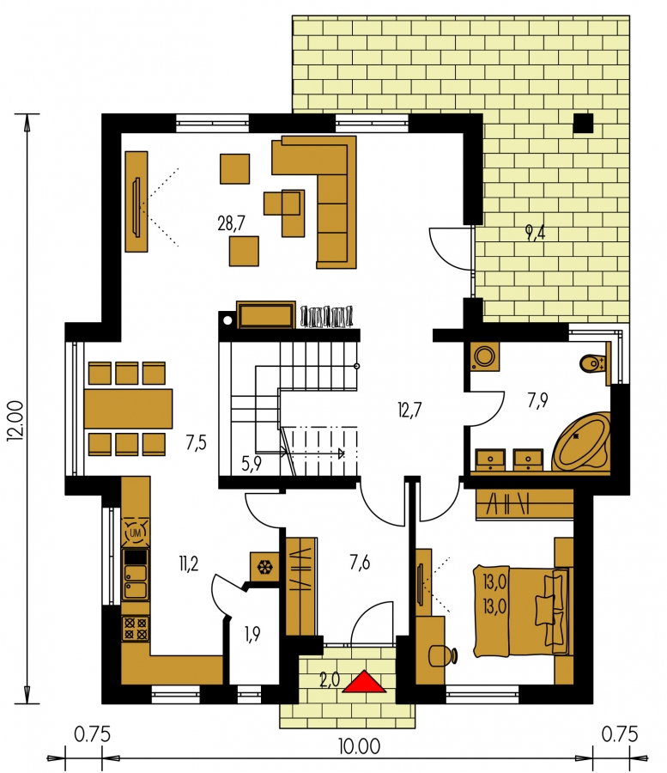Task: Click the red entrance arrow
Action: (364, 682)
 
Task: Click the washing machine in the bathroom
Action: (485, 356)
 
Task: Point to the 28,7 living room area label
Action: (231, 224)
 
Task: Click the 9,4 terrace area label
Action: (536, 232)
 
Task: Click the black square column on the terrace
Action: (583, 123)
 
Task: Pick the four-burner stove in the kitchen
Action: (135, 628)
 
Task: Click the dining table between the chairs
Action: (128, 409)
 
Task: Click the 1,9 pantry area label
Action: (252, 635)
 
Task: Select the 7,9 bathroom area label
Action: (537, 400)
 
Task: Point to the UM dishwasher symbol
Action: (135, 533)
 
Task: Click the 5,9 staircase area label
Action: (252, 464)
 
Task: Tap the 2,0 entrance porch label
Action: (330, 680)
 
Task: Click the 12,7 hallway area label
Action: (409, 410)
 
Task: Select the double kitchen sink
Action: (135, 581)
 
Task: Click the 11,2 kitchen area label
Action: (189, 563)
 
